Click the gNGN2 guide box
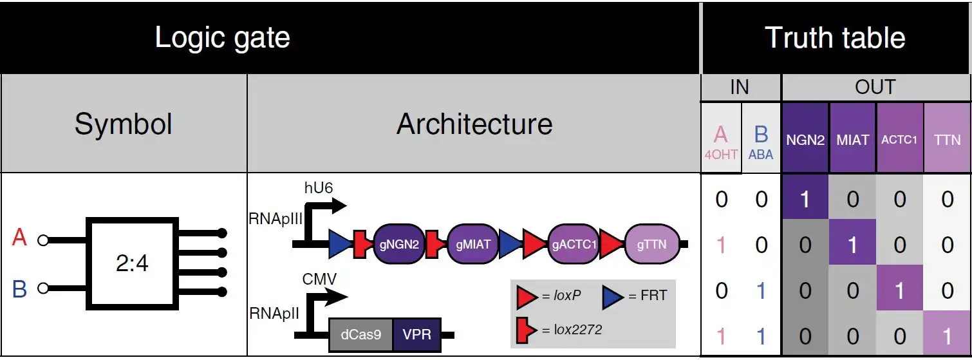coord(399,245)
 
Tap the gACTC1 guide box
coord(574,245)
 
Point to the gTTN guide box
coord(652,245)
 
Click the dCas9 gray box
coord(360,335)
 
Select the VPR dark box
coord(416,335)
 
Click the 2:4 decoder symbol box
coord(133,263)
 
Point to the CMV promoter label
coord(320,279)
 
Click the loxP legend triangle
coord(527,297)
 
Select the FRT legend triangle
coord(612,297)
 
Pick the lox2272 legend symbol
coord(526,329)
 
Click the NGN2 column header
coord(805,140)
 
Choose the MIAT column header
coord(852,140)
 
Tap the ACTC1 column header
coord(899,140)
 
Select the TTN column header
coord(947,140)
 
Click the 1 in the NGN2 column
coord(805,199)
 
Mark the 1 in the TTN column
coord(947,336)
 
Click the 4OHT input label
coord(720,155)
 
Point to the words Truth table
coord(835,38)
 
